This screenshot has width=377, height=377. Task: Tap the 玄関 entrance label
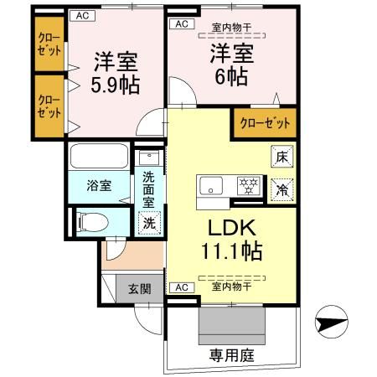139,290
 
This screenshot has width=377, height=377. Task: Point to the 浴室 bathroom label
99,186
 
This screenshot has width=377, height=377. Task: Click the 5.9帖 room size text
114,85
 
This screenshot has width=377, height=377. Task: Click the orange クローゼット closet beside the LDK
266,123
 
